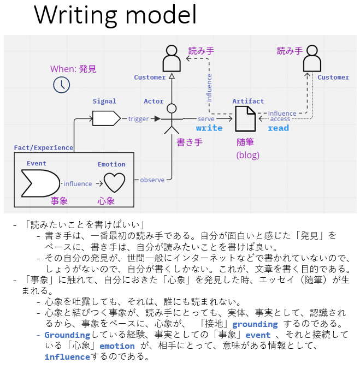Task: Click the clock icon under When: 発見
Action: pos(61,85)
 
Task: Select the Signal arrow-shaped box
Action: pos(106,118)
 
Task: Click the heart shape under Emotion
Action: pos(115,183)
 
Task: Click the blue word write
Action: pos(209,128)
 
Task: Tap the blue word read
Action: pos(278,128)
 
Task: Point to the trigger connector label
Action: pos(139,118)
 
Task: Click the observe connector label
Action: pos(152,180)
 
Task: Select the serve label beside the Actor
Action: pos(206,118)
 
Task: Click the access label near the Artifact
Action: pos(280,119)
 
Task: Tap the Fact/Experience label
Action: pos(43,147)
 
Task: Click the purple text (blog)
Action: pos(247,155)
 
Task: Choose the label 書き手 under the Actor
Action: pos(190,142)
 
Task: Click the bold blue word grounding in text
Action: pos(255,324)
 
